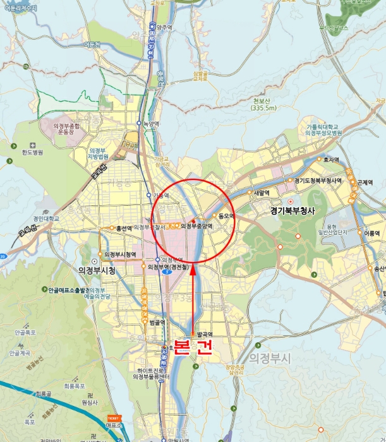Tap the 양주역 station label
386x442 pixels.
(163, 27)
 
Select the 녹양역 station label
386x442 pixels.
(151, 123)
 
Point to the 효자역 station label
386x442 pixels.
(331, 160)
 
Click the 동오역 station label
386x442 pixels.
(226, 216)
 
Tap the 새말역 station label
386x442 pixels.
(262, 193)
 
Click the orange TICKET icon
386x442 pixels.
(114, 418)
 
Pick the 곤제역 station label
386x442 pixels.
(365, 182)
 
